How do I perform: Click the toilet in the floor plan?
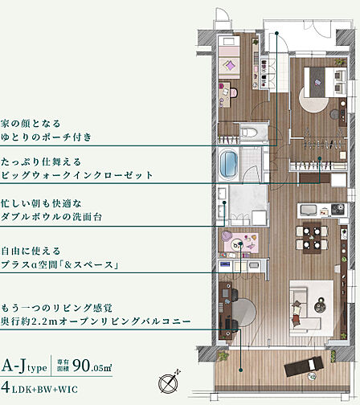[251, 131]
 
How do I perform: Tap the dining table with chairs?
[309, 238]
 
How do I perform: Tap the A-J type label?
[24, 367]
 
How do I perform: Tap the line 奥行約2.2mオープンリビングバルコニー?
[96, 321]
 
